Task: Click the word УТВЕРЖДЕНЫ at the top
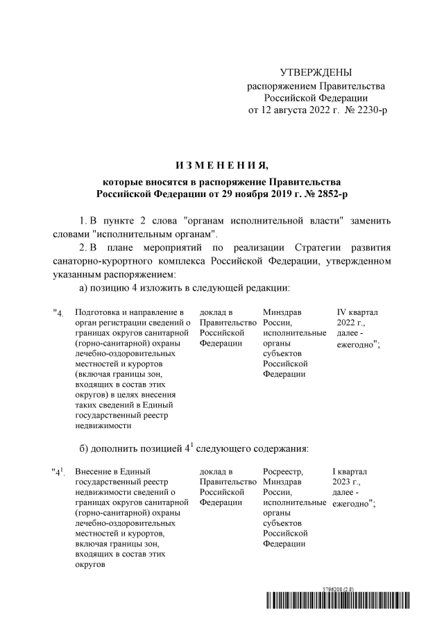[x=316, y=73]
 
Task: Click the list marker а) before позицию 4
[x=82, y=288]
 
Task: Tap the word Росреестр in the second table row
[x=284, y=472]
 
